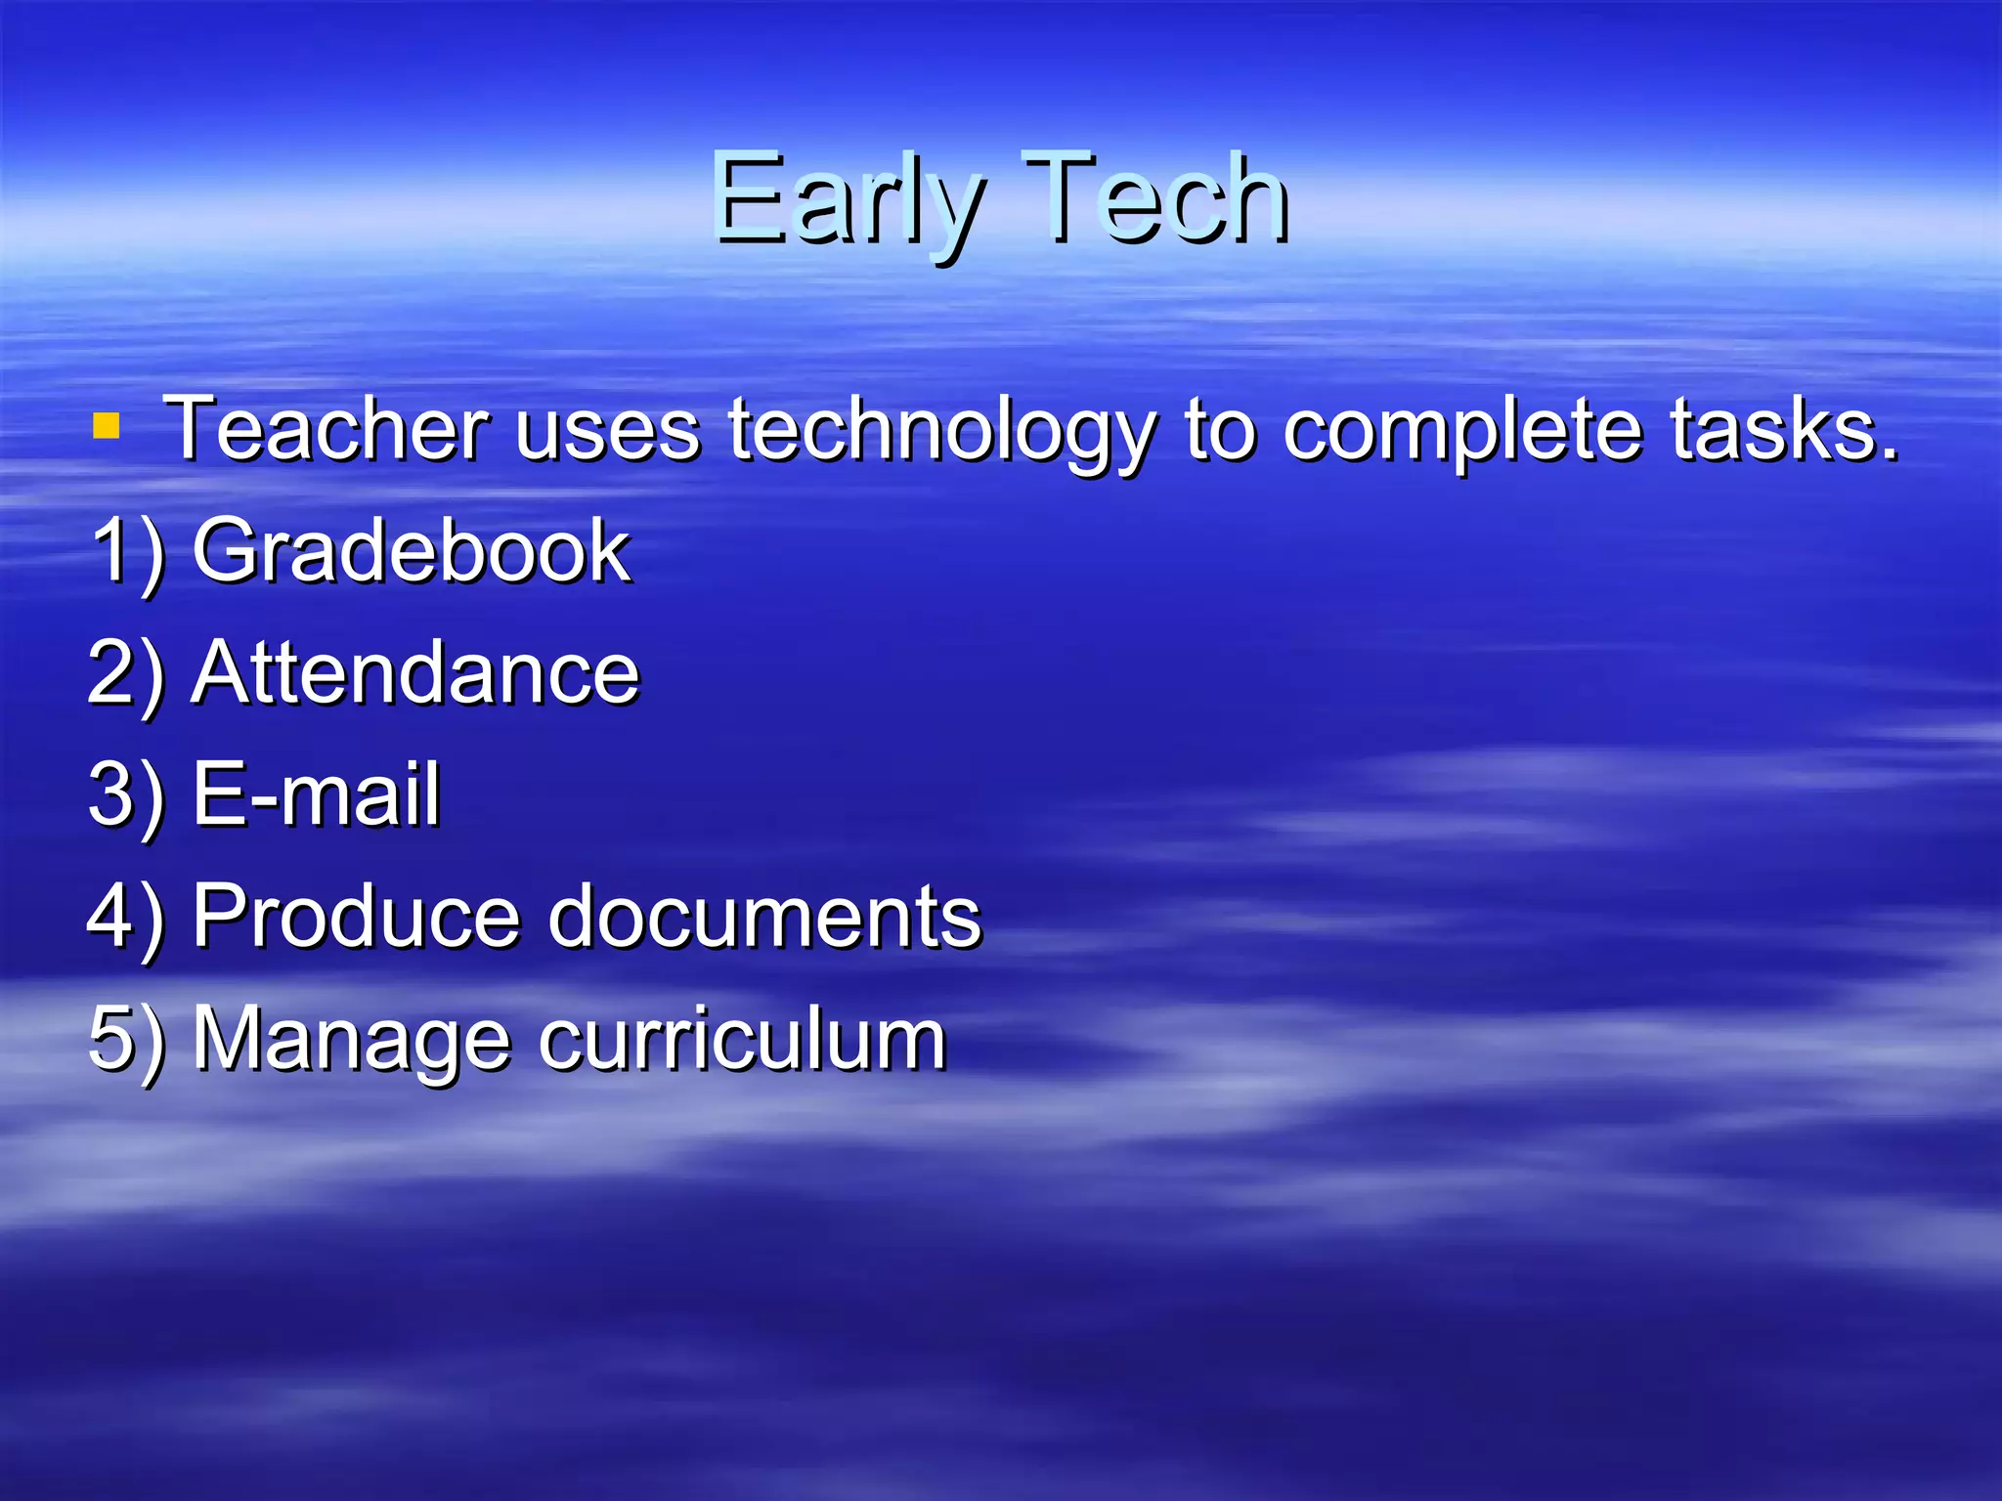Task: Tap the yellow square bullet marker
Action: [x=106, y=427]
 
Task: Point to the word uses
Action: [x=607, y=430]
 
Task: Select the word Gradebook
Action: [x=411, y=551]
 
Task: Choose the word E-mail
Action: [x=316, y=793]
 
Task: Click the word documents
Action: [x=763, y=916]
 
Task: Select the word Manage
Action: [x=351, y=1040]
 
